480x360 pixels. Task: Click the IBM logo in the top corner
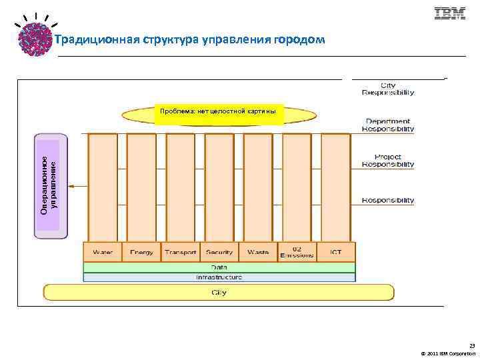pos(449,13)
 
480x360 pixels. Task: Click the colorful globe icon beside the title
pos(34,38)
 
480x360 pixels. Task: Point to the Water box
pos(103,252)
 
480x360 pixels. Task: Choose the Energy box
pos(141,252)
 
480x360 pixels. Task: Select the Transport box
pos(181,252)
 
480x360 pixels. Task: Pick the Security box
pos(219,252)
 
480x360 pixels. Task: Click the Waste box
pos(258,252)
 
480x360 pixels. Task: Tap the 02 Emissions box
pos(297,252)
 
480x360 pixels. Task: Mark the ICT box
pos(335,252)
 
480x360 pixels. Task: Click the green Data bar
pos(219,267)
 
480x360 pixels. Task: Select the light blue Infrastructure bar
pos(219,277)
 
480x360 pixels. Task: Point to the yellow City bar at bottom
pos(219,292)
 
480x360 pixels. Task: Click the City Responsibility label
pos(387,89)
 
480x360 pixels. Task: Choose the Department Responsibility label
pos(387,125)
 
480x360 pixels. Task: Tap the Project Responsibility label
pos(387,160)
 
